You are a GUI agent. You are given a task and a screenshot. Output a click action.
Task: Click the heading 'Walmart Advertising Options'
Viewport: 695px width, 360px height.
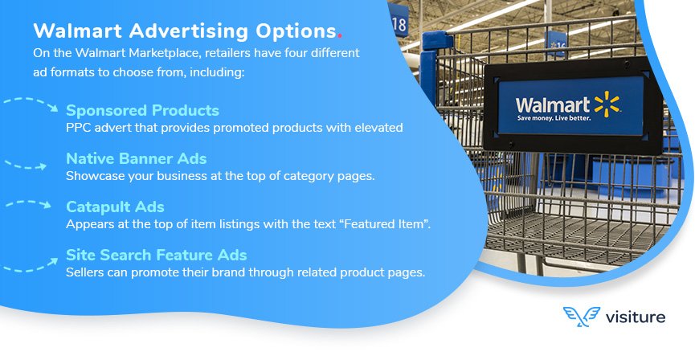(183, 31)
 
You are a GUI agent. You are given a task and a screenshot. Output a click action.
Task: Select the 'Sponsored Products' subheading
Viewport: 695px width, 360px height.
(142, 110)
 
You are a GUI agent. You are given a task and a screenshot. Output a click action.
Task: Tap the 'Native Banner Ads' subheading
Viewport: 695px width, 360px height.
(136, 158)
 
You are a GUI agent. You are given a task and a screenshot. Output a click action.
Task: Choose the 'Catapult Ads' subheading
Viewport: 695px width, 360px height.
(115, 207)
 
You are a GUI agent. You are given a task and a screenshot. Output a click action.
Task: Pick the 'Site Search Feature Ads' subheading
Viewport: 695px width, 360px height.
(156, 255)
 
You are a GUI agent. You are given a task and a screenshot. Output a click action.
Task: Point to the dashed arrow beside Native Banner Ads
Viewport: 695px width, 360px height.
(25, 165)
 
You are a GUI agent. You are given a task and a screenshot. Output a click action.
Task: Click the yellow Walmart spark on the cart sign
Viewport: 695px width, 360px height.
(607, 104)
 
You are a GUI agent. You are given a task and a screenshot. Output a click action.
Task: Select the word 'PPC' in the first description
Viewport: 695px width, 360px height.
(78, 127)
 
